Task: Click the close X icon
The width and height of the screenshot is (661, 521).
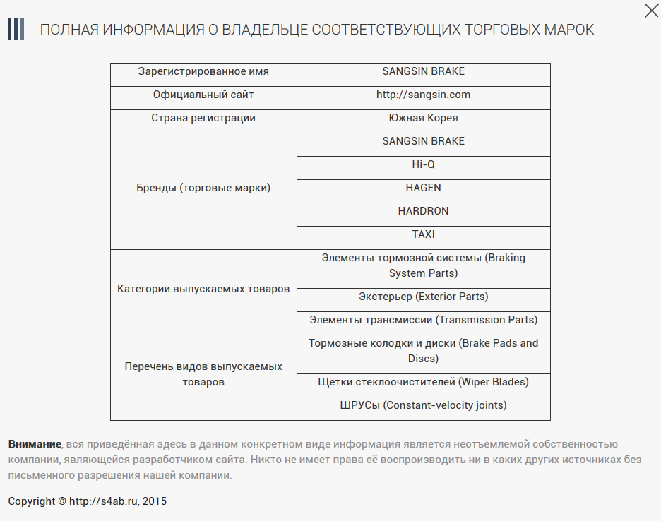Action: pos(651,10)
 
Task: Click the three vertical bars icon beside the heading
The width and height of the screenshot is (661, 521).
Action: pos(16,30)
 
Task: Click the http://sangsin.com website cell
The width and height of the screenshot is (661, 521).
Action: pos(423,95)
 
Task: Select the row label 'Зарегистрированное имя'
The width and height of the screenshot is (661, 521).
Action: pos(203,71)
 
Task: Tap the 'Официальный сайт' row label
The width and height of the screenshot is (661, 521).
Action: pos(203,95)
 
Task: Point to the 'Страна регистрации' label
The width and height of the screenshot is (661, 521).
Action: pos(203,118)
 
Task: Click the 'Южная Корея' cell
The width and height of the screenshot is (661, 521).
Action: pos(423,118)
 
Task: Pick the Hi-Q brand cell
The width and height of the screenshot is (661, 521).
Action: pos(423,164)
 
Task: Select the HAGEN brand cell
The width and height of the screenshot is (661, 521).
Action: pos(423,188)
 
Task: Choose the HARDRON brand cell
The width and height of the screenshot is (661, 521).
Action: pos(423,211)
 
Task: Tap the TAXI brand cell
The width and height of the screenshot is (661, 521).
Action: pos(423,234)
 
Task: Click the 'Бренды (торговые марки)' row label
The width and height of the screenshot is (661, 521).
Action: pos(203,188)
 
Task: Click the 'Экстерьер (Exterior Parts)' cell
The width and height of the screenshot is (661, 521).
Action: pos(423,297)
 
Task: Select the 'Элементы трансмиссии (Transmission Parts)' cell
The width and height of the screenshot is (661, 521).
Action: pos(423,320)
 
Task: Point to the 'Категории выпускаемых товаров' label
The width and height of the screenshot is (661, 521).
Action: pos(203,289)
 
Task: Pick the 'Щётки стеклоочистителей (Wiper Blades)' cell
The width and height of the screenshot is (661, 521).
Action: pos(423,382)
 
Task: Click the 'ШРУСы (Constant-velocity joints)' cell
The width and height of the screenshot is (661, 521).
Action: pos(423,405)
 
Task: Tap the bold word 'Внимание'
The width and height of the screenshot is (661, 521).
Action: pos(35,444)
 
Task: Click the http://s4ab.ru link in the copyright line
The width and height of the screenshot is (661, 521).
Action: pos(105,501)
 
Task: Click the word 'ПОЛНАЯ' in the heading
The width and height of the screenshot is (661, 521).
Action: pos(69,30)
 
